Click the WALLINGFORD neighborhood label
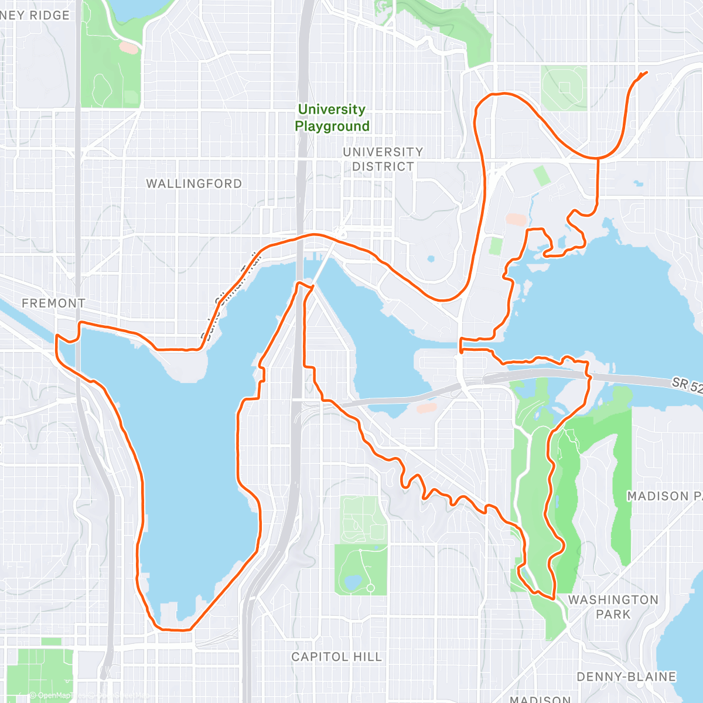[x=194, y=183]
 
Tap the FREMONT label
[x=53, y=303]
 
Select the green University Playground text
[x=332, y=118]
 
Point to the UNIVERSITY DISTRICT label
[x=383, y=159]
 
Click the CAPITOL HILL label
[x=336, y=657]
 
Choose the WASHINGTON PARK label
[x=613, y=607]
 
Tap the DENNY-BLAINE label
[x=626, y=677]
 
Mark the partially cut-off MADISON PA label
[x=664, y=496]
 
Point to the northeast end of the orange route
[x=647, y=72]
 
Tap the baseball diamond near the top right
[x=564, y=88]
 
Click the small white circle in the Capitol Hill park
[x=370, y=588]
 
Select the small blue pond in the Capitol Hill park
[x=352, y=582]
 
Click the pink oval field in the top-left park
[x=129, y=47]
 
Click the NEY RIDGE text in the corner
[x=35, y=15]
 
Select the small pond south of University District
[x=431, y=258]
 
